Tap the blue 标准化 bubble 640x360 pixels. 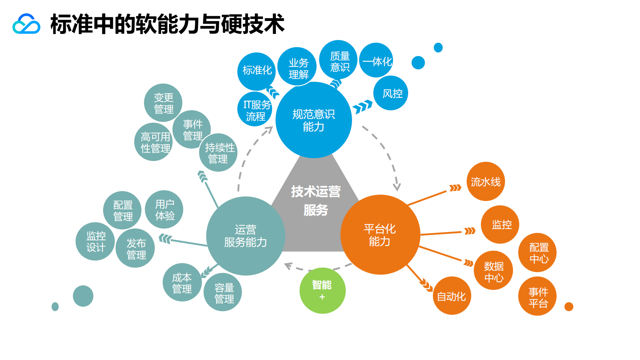click(x=256, y=71)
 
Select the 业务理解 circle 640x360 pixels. click(x=298, y=67)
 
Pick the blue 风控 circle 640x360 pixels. click(x=391, y=93)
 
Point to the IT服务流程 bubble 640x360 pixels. click(x=255, y=110)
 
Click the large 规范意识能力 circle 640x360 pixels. click(x=313, y=120)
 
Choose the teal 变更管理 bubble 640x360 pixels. click(x=163, y=103)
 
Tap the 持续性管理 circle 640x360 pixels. click(x=218, y=153)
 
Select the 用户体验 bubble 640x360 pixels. click(x=164, y=209)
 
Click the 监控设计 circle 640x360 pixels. click(x=96, y=241)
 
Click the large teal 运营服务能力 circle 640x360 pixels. click(x=245, y=236)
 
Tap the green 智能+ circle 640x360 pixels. click(x=322, y=290)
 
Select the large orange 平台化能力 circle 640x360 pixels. click(x=380, y=234)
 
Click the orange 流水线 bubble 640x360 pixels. click(x=486, y=182)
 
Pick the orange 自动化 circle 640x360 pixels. click(x=452, y=296)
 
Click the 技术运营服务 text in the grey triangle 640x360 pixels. click(x=316, y=201)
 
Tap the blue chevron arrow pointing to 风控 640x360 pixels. click(x=362, y=107)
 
